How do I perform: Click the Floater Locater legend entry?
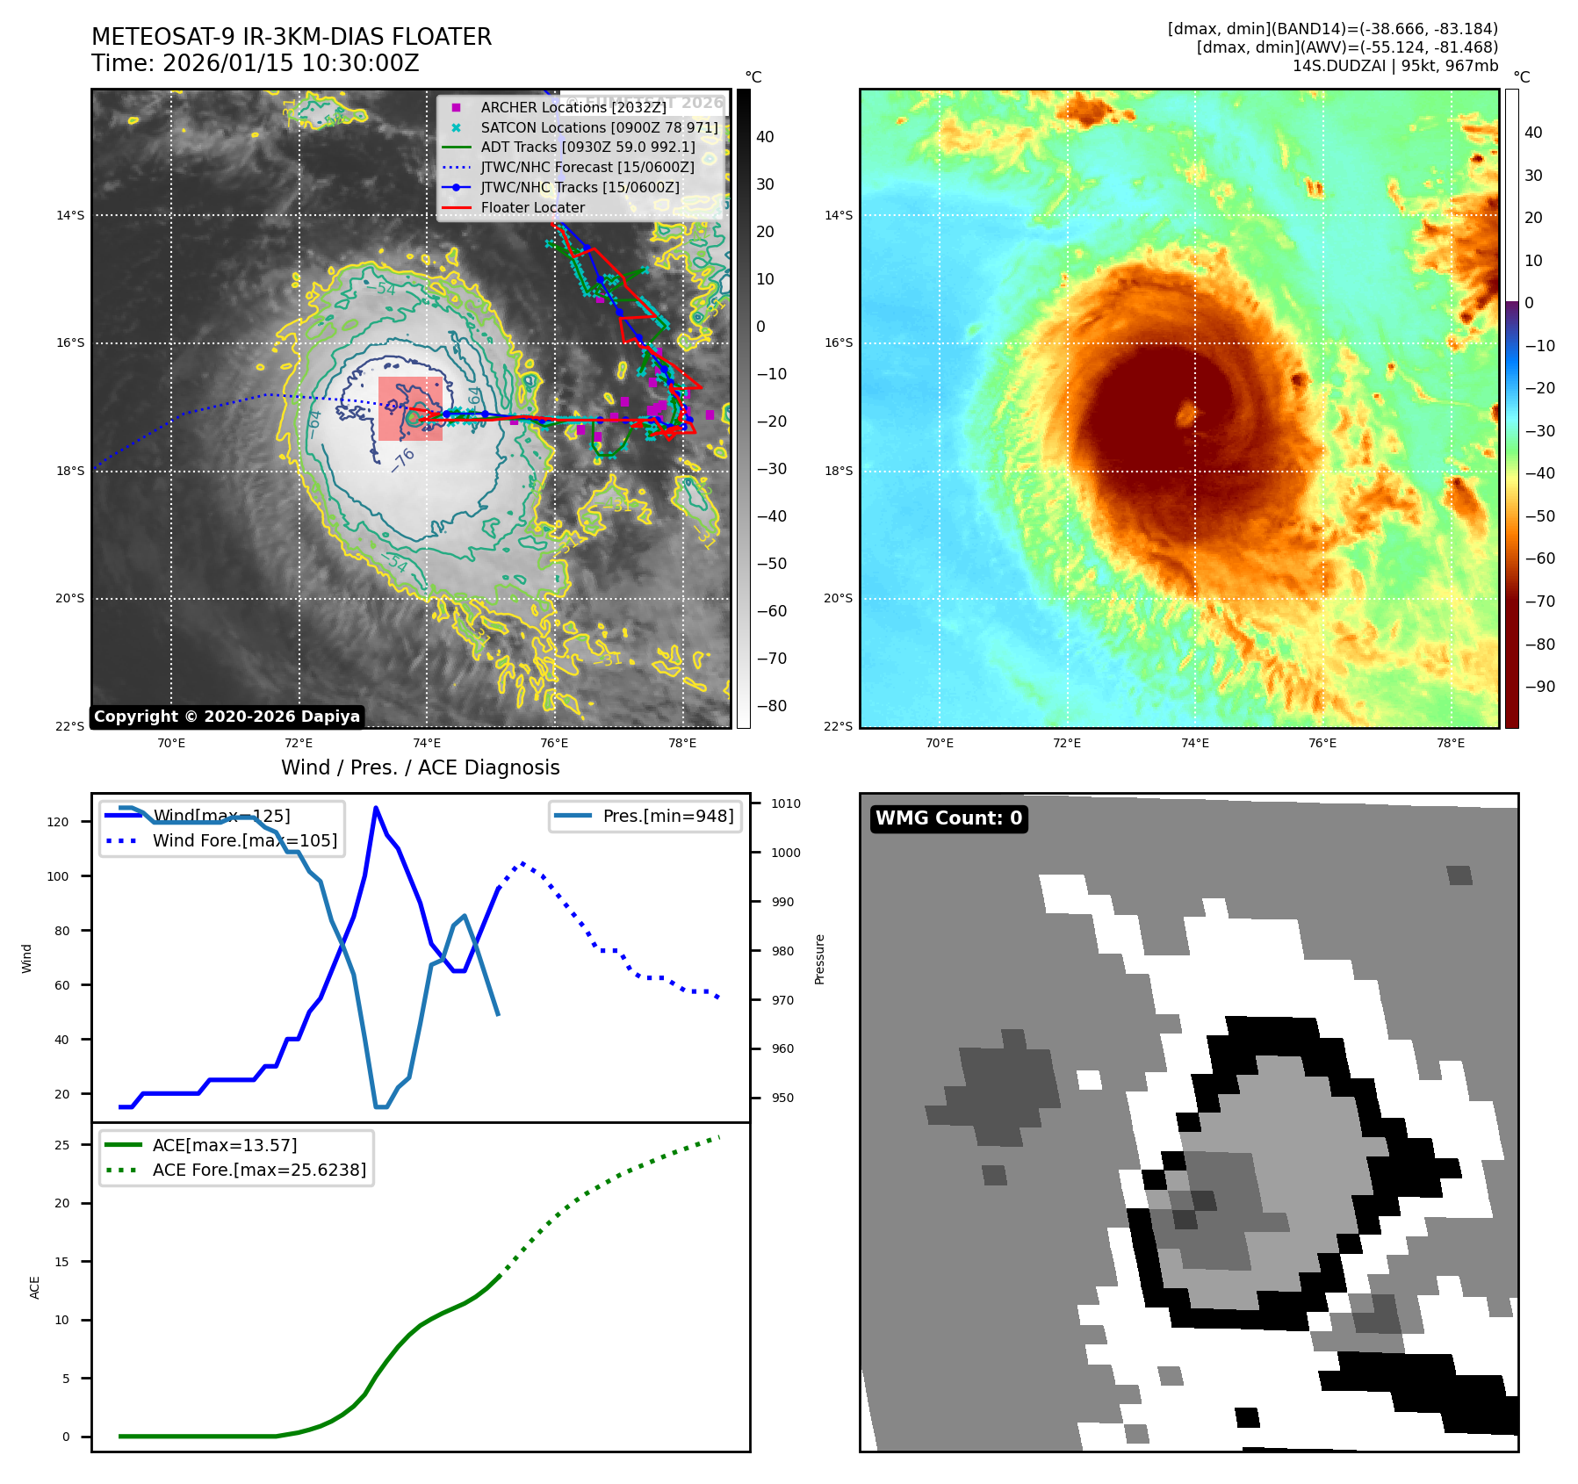pos(532,208)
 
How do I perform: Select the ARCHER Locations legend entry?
pos(573,107)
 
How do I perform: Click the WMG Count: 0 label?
pos(948,818)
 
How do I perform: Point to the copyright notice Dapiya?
pos(227,717)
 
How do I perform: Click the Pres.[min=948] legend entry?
pos(667,816)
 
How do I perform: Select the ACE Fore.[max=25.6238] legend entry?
pos(259,1170)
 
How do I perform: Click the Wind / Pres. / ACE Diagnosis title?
pos(420,767)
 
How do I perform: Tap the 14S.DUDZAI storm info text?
pos(1394,66)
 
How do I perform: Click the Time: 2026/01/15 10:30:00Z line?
pos(255,64)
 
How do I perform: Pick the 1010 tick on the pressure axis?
pos(786,803)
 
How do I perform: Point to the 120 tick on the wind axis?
pos(58,822)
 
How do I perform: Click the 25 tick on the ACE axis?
pos(61,1145)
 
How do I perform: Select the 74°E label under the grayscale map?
pos(427,743)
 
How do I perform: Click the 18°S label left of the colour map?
pos(838,472)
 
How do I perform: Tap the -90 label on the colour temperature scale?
pos(1540,687)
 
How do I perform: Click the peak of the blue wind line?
pos(376,808)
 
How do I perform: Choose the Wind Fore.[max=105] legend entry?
pos(244,840)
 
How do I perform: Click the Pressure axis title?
pos(819,959)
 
